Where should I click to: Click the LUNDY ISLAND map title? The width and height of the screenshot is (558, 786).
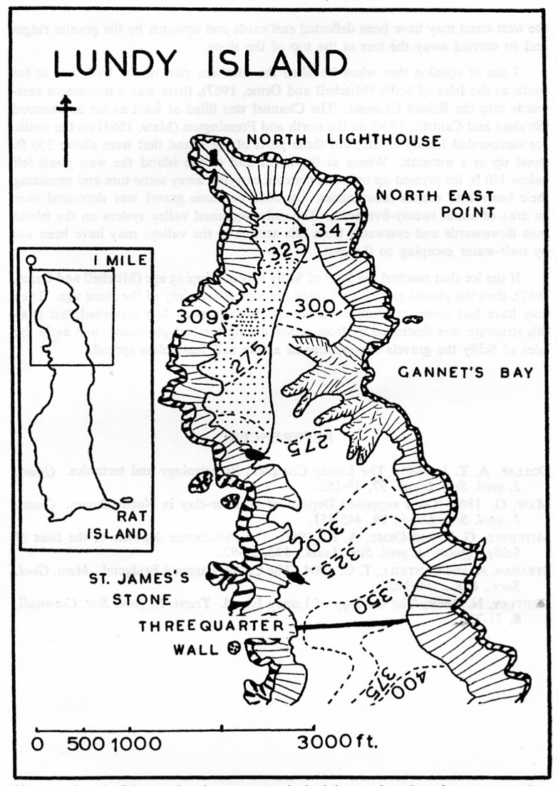[x=200, y=65]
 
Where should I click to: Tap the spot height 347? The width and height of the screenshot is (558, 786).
[x=331, y=229]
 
